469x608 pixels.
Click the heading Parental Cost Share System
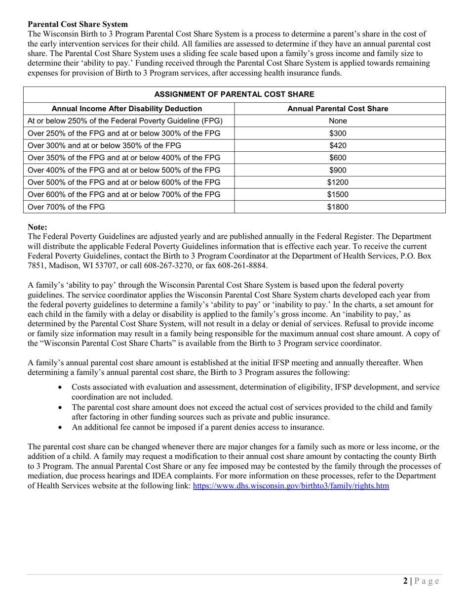coord(78,24)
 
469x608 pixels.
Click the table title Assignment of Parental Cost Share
coord(234,94)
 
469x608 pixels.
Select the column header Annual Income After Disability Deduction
coord(127,108)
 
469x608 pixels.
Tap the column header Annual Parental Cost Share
coord(338,108)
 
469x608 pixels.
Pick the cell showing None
coord(338,121)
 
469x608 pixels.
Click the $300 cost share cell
coord(338,133)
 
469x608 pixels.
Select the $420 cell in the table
coord(338,145)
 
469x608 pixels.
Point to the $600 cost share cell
coord(338,158)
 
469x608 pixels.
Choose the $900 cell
coord(338,170)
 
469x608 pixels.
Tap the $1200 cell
coord(338,182)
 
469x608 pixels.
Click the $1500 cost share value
coord(338,195)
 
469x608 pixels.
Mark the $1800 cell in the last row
coord(338,207)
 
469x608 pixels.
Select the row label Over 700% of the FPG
coord(66,207)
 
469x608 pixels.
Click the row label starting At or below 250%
coord(125,121)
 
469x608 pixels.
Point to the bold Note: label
coord(38,227)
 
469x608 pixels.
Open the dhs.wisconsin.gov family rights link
coord(291,486)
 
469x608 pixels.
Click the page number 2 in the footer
coord(405,581)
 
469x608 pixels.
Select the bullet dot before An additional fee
coord(61,427)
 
